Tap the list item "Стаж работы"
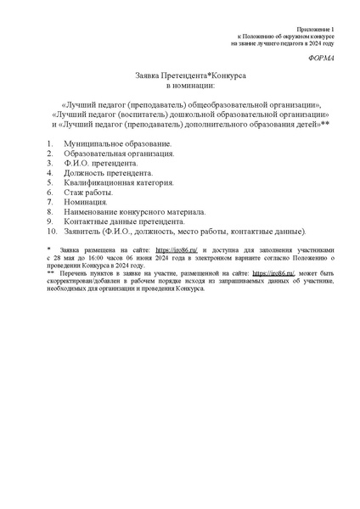[x=88, y=193]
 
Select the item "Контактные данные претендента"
[x=123, y=221]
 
